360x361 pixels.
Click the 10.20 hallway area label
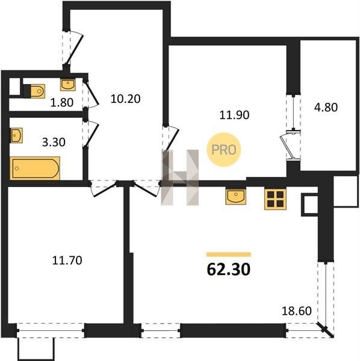click(125, 99)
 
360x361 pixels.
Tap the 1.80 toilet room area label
click(62, 102)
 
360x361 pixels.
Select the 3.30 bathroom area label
click(54, 142)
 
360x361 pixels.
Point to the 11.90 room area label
click(234, 115)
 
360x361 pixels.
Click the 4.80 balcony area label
click(326, 107)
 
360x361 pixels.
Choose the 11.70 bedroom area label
click(67, 261)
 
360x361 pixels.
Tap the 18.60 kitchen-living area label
click(297, 311)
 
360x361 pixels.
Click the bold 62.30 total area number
click(229, 270)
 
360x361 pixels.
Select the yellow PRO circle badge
click(224, 150)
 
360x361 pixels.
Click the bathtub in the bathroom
click(35, 168)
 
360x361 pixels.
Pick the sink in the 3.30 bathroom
click(17, 135)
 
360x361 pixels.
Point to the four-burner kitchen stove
click(275, 199)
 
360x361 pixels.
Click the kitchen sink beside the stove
click(236, 196)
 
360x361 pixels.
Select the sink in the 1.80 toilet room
click(67, 84)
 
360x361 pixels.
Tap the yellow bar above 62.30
click(229, 254)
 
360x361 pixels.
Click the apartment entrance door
click(73, 48)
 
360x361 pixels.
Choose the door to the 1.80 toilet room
click(91, 94)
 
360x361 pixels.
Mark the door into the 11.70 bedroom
click(104, 189)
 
